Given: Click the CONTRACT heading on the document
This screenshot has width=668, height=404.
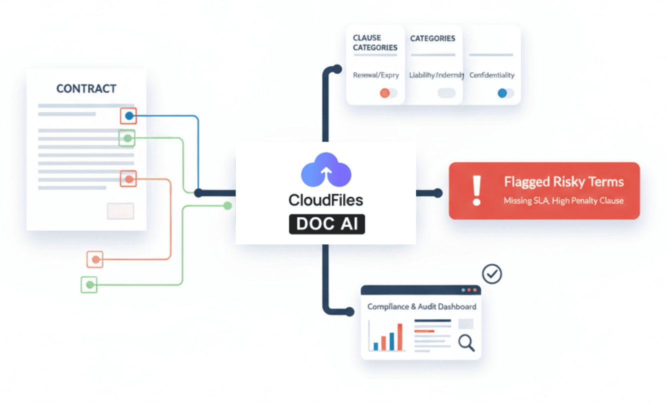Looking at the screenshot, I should point(86,89).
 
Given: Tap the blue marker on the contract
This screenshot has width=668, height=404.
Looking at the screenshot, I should point(129,116).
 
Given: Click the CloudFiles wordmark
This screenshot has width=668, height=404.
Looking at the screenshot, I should point(325,200).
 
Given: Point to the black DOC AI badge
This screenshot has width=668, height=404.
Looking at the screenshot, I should point(326,223).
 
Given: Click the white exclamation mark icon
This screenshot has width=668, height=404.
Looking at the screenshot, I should point(476,190).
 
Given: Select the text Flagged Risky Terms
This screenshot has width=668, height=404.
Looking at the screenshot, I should point(563,181).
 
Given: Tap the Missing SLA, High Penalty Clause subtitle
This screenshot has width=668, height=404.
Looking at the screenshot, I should point(563,200).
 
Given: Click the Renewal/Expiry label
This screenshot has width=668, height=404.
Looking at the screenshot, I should point(376,75).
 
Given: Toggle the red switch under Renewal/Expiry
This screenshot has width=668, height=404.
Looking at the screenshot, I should point(388,93).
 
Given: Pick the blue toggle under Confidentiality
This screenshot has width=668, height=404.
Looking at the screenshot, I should point(505,93).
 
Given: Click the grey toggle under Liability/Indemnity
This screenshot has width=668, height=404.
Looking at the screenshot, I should point(446,93).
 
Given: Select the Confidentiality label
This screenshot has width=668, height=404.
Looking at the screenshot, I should point(491,75).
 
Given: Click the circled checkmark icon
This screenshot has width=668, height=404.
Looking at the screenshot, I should point(492,274).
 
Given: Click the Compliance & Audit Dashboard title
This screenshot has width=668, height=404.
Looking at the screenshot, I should point(421,306).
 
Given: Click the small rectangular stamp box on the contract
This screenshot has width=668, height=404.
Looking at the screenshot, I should point(120,211).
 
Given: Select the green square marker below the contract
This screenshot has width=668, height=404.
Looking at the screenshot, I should point(89,285).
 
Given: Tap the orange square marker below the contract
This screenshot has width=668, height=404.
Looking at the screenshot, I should point(95,259).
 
